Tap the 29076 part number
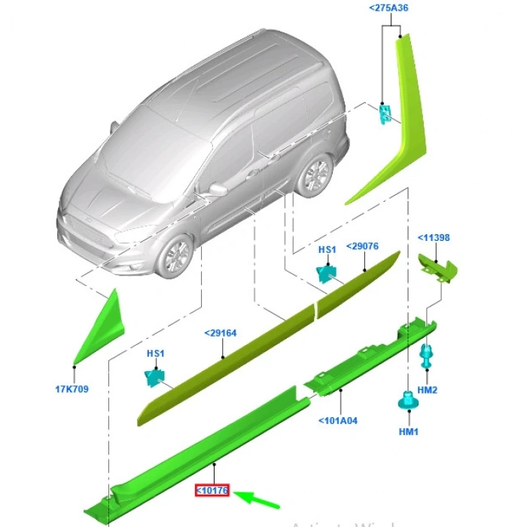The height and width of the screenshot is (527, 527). click(362, 245)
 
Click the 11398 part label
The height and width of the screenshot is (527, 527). click(434, 238)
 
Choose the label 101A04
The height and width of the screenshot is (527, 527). click(337, 420)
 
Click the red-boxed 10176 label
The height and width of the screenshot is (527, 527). click(212, 491)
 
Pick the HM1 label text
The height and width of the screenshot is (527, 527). click(407, 431)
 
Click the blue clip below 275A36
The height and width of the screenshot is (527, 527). click(385, 113)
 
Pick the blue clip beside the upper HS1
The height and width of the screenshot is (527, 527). click(327, 273)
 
